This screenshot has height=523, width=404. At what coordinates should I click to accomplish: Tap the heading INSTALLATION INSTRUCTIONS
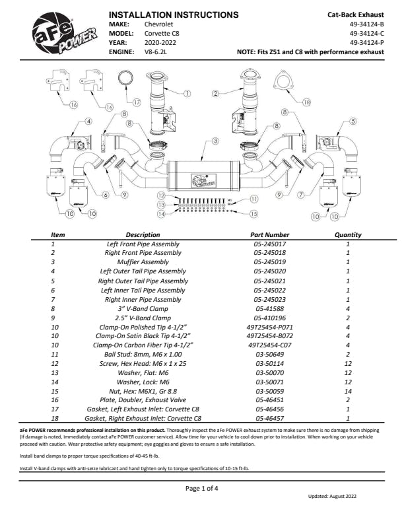point(173,15)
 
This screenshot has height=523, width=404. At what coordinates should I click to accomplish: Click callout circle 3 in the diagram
point(215,141)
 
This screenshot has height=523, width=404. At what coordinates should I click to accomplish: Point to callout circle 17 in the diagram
point(137,103)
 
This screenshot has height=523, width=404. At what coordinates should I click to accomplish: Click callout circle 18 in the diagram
point(306,103)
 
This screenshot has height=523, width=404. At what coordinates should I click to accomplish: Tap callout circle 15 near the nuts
point(254,214)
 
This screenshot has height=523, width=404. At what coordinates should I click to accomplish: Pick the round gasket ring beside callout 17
point(125,80)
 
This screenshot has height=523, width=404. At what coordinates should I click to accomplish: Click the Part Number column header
point(270,234)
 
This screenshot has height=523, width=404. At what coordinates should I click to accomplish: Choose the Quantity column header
point(348,234)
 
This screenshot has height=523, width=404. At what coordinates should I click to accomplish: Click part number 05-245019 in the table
point(270,261)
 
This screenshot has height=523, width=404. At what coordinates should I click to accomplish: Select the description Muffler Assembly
point(143,261)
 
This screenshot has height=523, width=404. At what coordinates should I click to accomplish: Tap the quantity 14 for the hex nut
point(348,390)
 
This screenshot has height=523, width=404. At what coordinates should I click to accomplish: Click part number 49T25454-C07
point(270,344)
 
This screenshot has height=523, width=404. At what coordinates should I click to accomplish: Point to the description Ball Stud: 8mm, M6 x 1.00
point(143,353)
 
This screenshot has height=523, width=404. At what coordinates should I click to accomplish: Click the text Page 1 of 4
point(201,488)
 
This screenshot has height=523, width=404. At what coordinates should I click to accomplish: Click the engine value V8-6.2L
point(157,51)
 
